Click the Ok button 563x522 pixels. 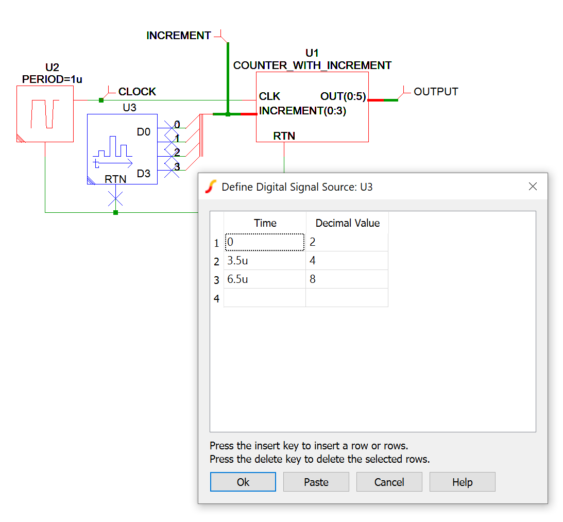pyautogui.click(x=243, y=482)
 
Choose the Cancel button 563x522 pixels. pyautogui.click(x=389, y=482)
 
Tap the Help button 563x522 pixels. pyautogui.click(x=462, y=482)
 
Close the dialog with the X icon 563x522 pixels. pyautogui.click(x=533, y=187)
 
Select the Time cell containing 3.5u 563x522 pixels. pyautogui.click(x=265, y=261)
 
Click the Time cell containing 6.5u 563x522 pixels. pyautogui.click(x=265, y=279)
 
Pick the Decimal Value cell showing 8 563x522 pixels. pyautogui.click(x=347, y=279)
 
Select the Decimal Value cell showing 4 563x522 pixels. pyautogui.click(x=347, y=261)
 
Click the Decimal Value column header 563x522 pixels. pyautogui.click(x=347, y=223)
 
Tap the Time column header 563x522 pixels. pyautogui.click(x=265, y=223)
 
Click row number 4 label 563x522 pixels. pyautogui.click(x=216, y=298)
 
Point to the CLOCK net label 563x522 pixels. pyautogui.click(x=137, y=92)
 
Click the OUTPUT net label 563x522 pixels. pyautogui.click(x=436, y=92)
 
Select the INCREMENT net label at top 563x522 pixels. pyautogui.click(x=179, y=36)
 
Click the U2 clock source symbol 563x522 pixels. pyautogui.click(x=45, y=114)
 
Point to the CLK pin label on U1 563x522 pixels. pyautogui.click(x=269, y=97)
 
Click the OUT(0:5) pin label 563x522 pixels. pyautogui.click(x=343, y=97)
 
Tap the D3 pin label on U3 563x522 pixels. pyautogui.click(x=144, y=174)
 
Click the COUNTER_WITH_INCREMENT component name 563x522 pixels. pyautogui.click(x=312, y=65)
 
